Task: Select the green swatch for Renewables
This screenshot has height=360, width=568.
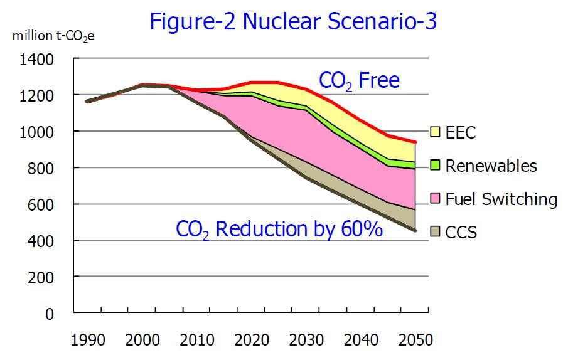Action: click(x=434, y=166)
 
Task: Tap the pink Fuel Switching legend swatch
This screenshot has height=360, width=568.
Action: click(x=434, y=199)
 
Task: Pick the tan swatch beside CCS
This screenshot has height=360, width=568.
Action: click(x=434, y=233)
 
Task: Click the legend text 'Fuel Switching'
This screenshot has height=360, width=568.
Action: click(x=501, y=199)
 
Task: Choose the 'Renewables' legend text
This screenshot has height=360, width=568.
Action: click(x=491, y=166)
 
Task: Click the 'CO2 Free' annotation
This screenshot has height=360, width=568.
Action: click(x=360, y=81)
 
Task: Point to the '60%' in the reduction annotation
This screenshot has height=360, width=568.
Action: click(x=363, y=228)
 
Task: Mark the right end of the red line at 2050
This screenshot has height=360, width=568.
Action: click(x=415, y=142)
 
